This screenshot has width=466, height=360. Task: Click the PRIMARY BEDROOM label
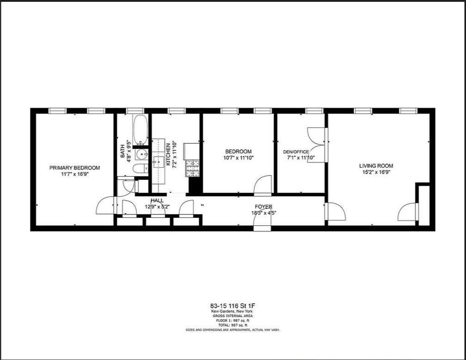coord(74,168)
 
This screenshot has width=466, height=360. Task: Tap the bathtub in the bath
coord(140,130)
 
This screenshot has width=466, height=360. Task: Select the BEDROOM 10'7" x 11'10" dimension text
coord(239,158)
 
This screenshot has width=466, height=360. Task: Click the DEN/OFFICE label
coord(296,152)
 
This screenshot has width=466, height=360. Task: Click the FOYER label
coord(264,207)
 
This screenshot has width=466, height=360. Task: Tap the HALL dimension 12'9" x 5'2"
coord(157,207)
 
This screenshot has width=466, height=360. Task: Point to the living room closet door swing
coord(408,212)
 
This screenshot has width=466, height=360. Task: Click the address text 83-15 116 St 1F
coord(233,306)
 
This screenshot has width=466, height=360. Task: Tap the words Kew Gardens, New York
coord(233,311)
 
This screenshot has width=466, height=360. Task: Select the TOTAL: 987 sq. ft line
coord(233,324)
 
